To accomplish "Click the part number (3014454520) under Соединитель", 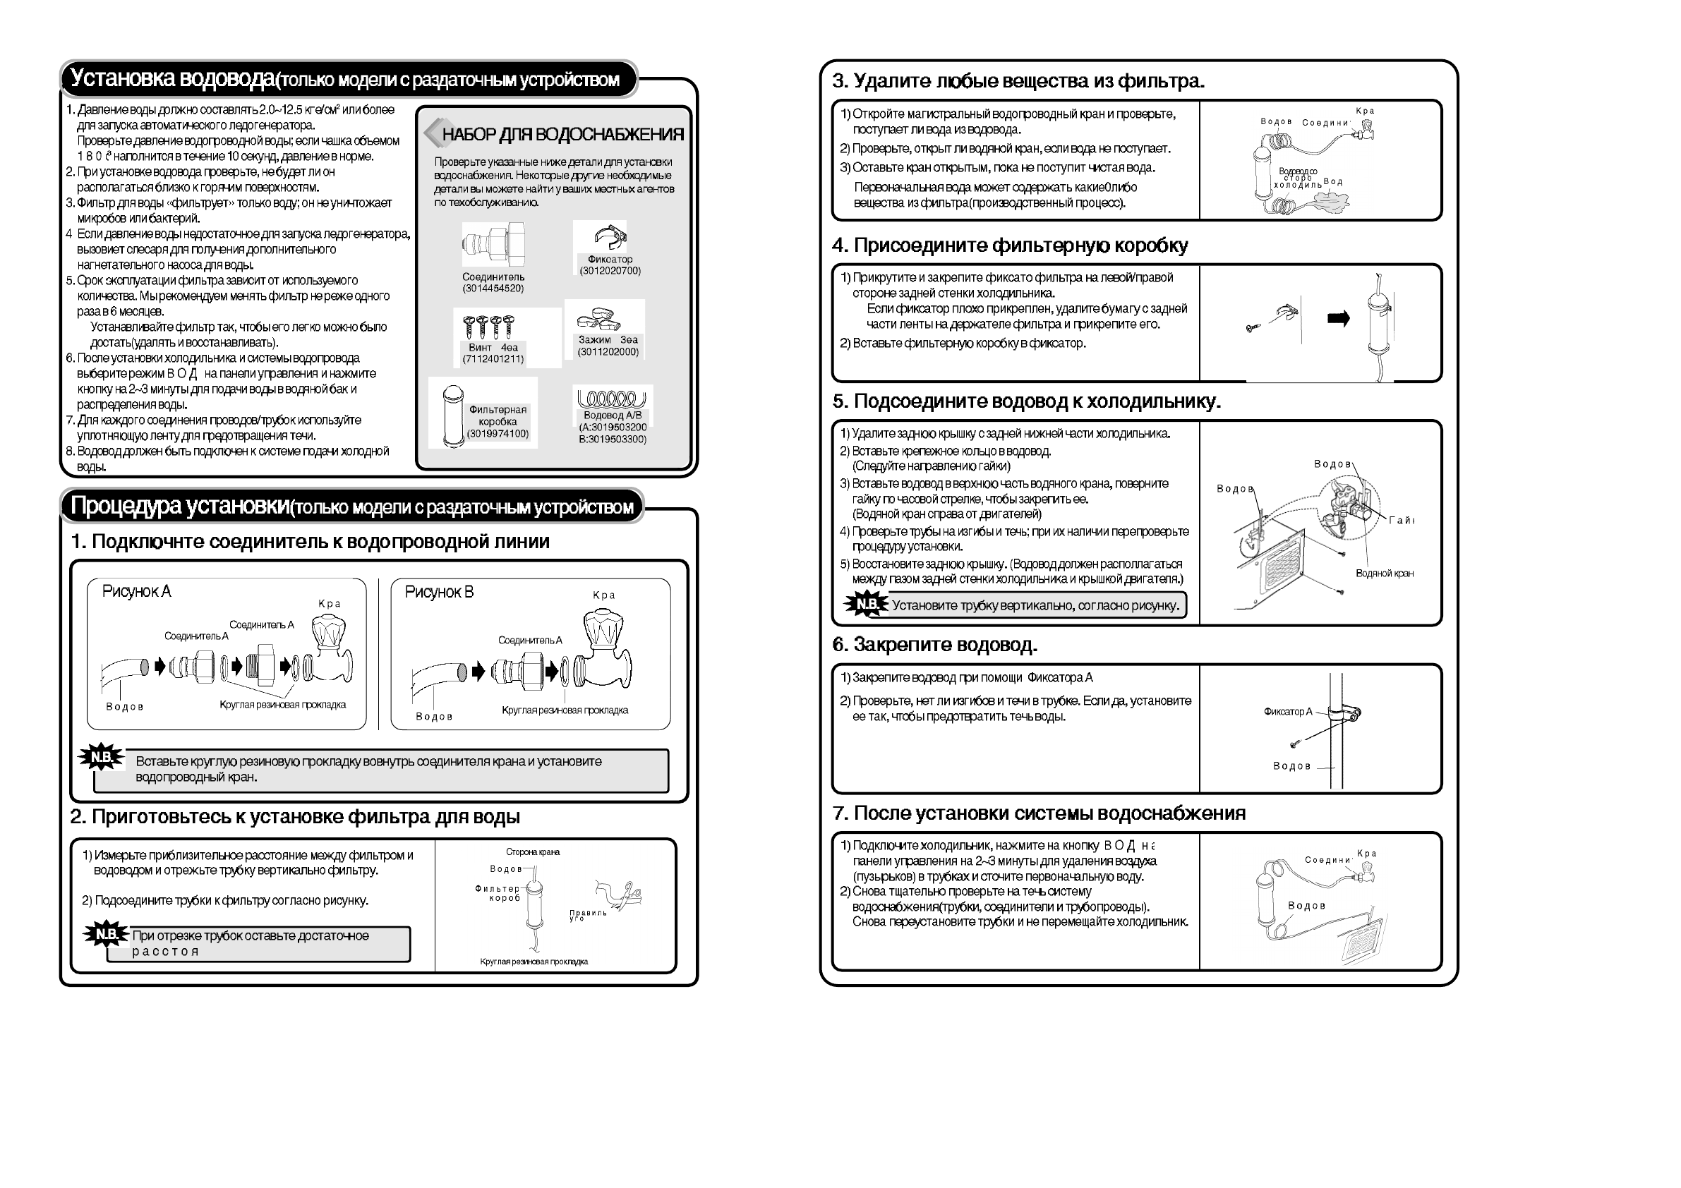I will (493, 289).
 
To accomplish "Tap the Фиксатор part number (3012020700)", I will (610, 271).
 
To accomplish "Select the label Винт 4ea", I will (493, 347).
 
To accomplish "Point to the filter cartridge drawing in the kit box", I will (452, 415).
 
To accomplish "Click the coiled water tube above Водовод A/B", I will (611, 398).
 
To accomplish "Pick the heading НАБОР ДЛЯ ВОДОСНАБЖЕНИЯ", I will (562, 134).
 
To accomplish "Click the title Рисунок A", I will (136, 590).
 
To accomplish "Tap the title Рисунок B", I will (439, 591).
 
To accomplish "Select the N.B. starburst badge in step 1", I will (101, 757).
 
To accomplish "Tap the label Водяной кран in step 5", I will (1385, 573).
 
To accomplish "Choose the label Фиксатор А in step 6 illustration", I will (1288, 712).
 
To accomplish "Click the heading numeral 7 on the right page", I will (840, 813).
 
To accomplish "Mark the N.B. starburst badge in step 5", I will (866, 604).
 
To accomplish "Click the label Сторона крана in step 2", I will (532, 852).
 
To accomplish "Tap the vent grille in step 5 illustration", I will (1282, 568).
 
